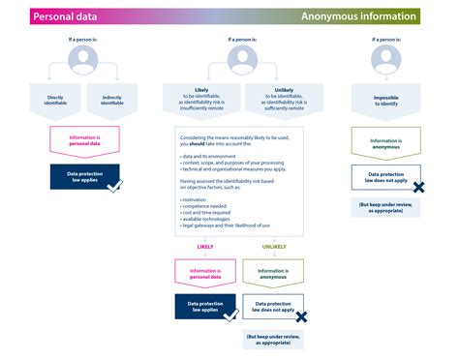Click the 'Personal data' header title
(x=65, y=16)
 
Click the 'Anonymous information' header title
(x=359, y=16)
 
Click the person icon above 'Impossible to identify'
(x=385, y=60)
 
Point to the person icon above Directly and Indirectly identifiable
(x=82, y=60)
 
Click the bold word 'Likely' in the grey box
(x=201, y=89)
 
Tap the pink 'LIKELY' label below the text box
(x=204, y=246)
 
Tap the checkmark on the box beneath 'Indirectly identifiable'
(x=114, y=184)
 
